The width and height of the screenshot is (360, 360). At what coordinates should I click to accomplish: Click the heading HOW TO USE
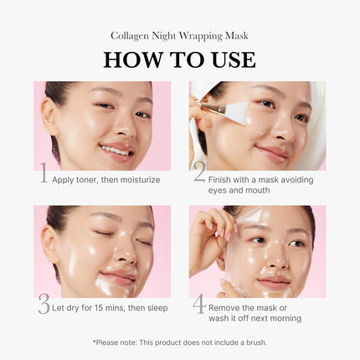click(x=179, y=60)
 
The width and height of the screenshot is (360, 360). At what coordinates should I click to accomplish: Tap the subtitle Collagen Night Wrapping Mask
click(x=179, y=36)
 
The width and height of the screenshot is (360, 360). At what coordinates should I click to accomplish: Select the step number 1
click(x=44, y=174)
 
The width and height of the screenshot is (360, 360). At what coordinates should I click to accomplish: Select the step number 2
click(x=198, y=172)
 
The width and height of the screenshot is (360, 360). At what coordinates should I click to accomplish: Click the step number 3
click(x=44, y=306)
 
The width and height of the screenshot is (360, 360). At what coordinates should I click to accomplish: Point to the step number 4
click(x=198, y=305)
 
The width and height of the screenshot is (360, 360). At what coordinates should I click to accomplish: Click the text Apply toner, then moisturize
click(x=105, y=179)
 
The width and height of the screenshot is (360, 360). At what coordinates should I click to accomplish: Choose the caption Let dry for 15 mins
click(x=110, y=308)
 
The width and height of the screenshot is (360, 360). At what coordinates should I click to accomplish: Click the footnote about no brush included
click(x=179, y=342)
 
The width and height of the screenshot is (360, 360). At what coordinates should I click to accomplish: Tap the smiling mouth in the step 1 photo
click(x=116, y=151)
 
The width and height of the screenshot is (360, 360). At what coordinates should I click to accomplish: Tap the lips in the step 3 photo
click(x=118, y=277)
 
